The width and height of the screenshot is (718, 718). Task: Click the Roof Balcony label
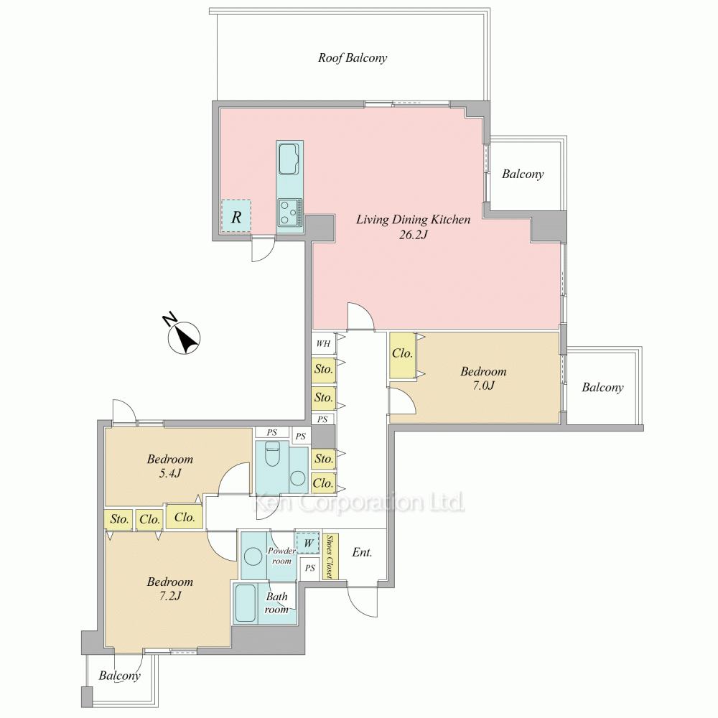[x=353, y=57]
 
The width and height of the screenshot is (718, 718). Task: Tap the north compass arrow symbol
[x=184, y=338]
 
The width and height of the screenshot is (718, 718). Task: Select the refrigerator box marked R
[x=236, y=216]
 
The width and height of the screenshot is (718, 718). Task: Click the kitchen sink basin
[x=289, y=159]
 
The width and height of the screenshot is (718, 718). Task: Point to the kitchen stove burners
[x=289, y=212]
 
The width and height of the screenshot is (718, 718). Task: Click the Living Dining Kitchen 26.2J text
[x=413, y=227]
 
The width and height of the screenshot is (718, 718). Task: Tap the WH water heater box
[x=324, y=343]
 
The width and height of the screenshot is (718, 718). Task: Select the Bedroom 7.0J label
[x=483, y=378]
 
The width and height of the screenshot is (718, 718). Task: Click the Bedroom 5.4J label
[x=170, y=466]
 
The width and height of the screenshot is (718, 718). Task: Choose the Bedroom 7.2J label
[x=170, y=589]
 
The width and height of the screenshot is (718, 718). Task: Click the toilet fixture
[x=272, y=454]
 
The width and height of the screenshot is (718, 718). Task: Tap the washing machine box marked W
[x=308, y=543]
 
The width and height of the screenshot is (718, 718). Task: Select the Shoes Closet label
[x=330, y=556]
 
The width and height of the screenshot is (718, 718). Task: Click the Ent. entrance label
[x=362, y=552]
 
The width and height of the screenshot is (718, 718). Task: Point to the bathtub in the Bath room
[x=246, y=603]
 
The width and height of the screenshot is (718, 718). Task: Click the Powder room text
[x=281, y=556]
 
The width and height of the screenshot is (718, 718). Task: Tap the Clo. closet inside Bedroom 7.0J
[x=403, y=353]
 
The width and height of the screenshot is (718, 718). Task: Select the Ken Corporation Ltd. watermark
[x=360, y=503]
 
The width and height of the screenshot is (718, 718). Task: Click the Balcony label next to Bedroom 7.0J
[x=602, y=388]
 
